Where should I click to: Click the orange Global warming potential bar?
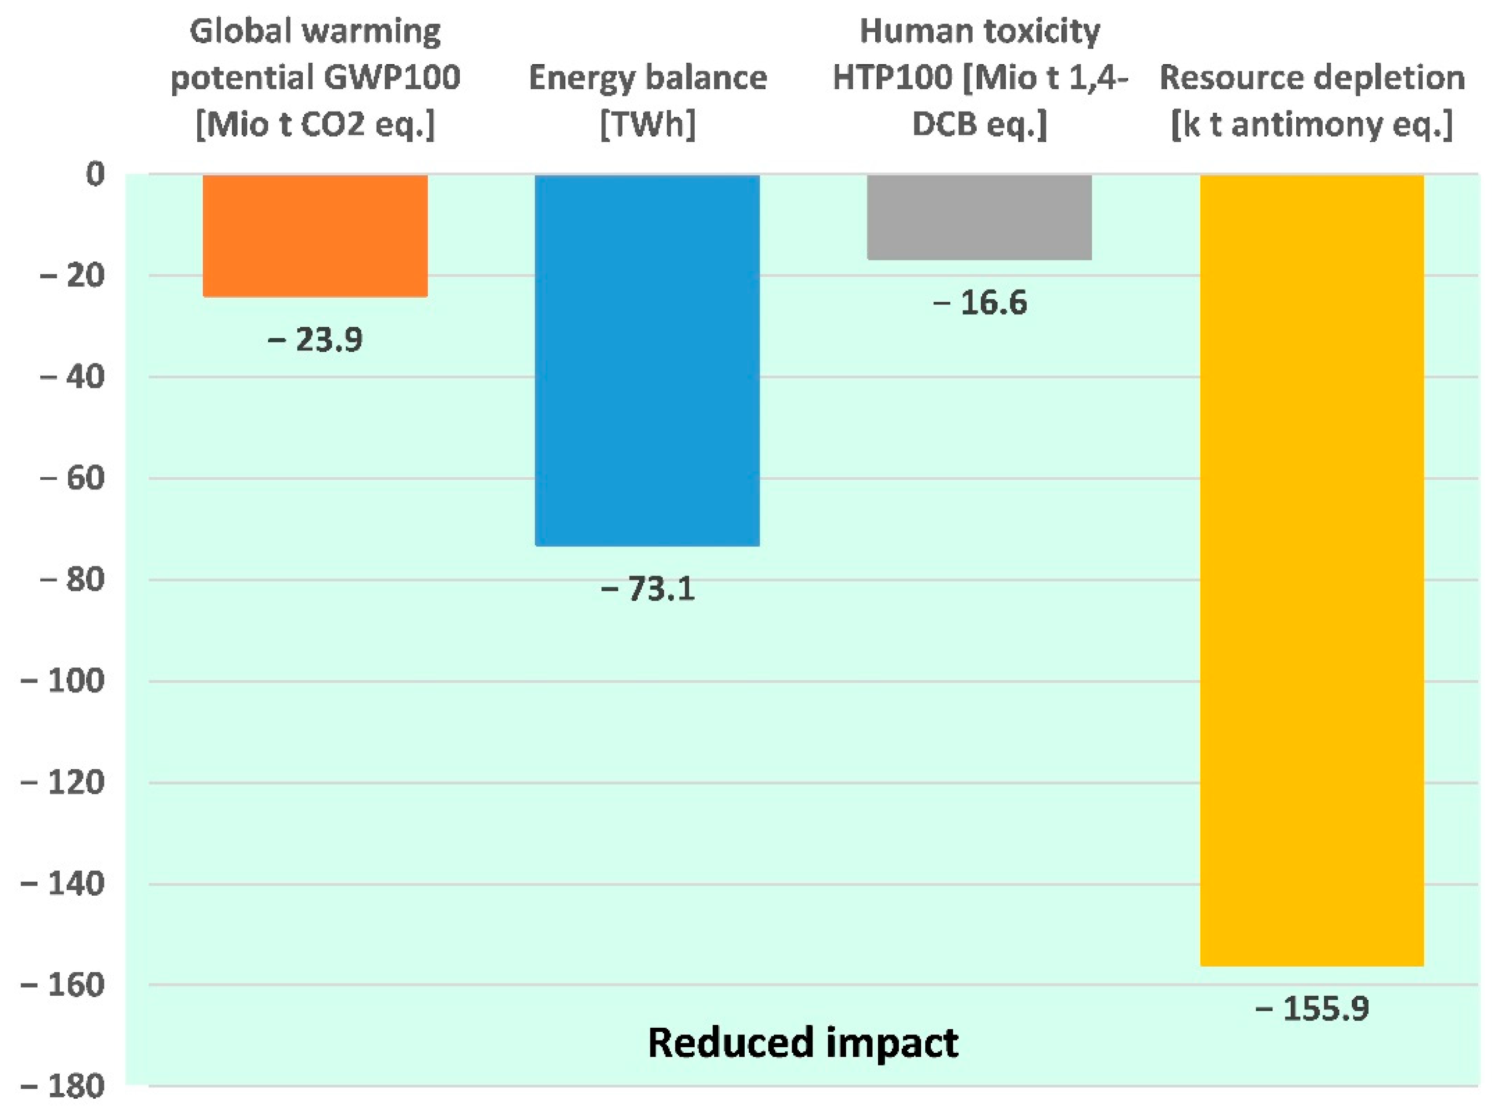[315, 235]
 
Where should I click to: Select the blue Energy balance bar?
[647, 360]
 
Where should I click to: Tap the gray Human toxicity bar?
[979, 217]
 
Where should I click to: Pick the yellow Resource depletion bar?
[1312, 570]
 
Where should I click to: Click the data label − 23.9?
[315, 340]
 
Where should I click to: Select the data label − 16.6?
[979, 302]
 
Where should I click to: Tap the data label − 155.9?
[1312, 1009]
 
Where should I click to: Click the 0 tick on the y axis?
[95, 174]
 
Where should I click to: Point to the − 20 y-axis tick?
[73, 275]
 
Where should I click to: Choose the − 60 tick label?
[73, 479]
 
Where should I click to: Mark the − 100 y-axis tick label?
[63, 681]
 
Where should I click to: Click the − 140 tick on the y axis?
[63, 884]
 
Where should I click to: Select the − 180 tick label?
[63, 1086]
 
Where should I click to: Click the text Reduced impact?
[802, 1043]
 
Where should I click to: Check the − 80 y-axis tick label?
[73, 580]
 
